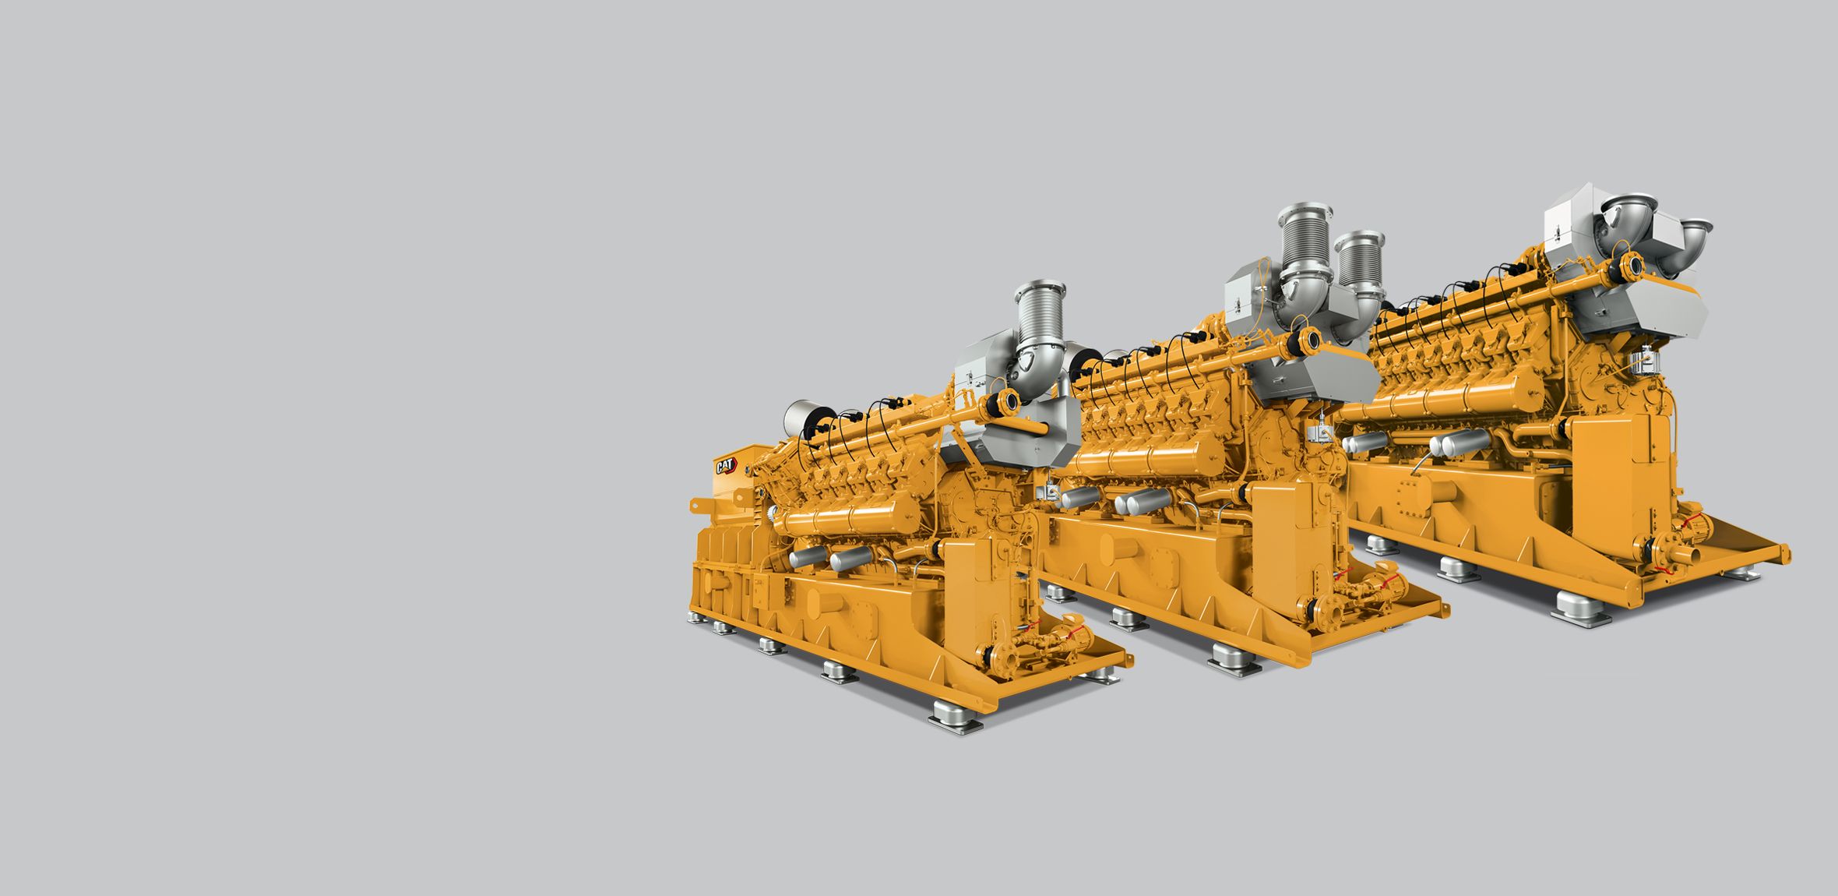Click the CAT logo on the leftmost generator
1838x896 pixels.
coord(725,466)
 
